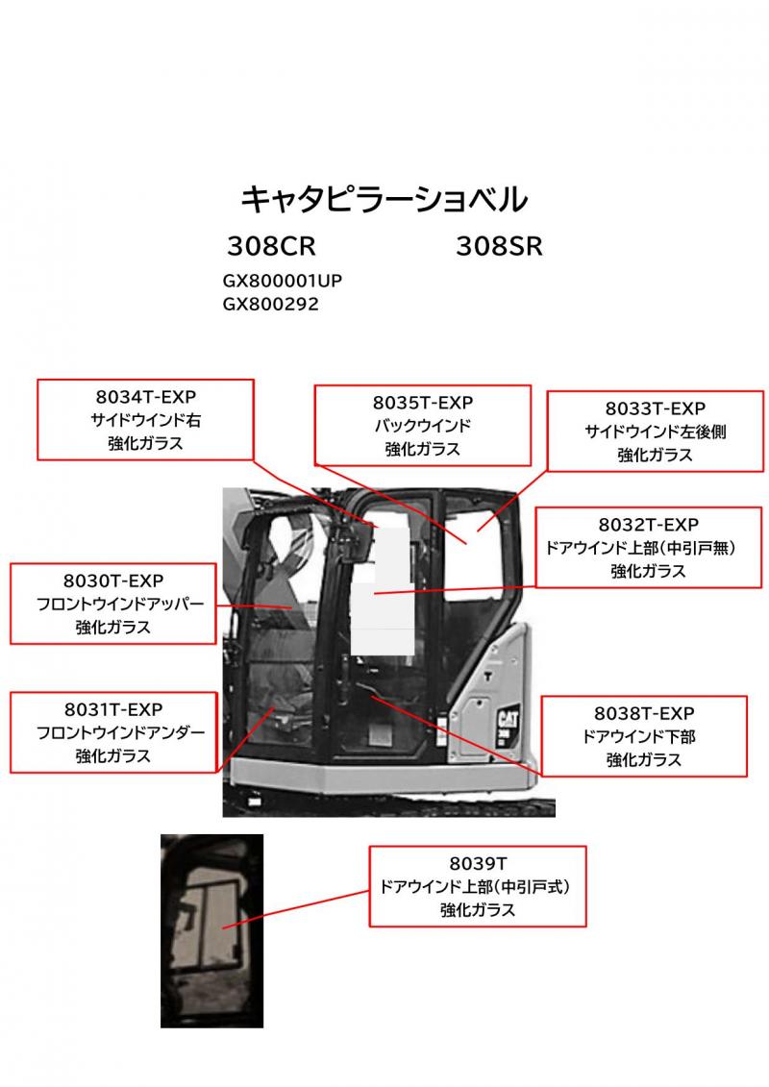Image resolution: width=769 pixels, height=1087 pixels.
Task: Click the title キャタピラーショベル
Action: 384,199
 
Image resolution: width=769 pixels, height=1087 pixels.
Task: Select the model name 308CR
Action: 271,247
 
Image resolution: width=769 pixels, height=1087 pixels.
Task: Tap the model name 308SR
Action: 499,247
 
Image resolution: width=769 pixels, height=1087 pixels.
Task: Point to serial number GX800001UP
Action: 283,282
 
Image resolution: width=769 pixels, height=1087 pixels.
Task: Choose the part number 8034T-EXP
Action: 145,398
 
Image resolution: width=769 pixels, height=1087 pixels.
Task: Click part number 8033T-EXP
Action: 656,409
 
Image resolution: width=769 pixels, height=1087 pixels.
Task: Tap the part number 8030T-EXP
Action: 113,581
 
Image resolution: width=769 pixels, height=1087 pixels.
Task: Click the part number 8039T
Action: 478,863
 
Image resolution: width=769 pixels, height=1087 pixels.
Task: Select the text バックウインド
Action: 423,426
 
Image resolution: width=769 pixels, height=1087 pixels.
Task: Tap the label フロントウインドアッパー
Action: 113,605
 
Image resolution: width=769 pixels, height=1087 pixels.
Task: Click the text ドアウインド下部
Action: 644,736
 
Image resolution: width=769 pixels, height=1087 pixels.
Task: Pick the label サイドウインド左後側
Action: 656,432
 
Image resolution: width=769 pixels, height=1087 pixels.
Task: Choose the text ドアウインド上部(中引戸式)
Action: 478,886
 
